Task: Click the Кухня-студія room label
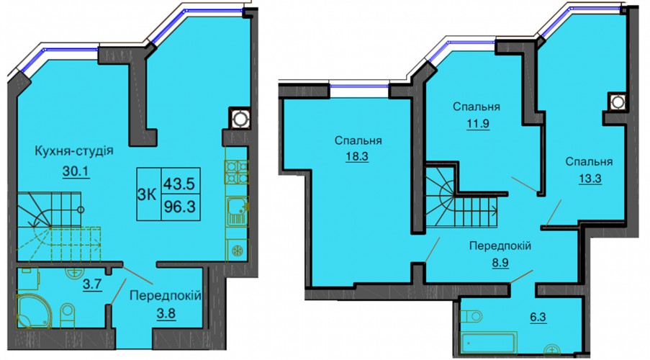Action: [x=74, y=150]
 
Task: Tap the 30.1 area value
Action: [x=76, y=171]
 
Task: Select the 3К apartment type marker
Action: [x=146, y=194]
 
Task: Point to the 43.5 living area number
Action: [x=179, y=183]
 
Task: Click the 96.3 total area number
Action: [x=179, y=206]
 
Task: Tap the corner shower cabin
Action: [x=33, y=311]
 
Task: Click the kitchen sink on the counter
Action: [x=237, y=211]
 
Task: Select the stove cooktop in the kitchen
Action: [x=236, y=171]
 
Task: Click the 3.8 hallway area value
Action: [x=166, y=314]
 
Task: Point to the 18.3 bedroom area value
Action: [x=357, y=156]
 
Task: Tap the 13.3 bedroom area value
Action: [x=590, y=179]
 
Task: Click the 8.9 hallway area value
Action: [x=500, y=263]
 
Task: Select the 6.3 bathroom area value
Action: [x=538, y=318]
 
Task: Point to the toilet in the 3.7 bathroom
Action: [x=67, y=315]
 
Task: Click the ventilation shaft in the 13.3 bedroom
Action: [x=618, y=102]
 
